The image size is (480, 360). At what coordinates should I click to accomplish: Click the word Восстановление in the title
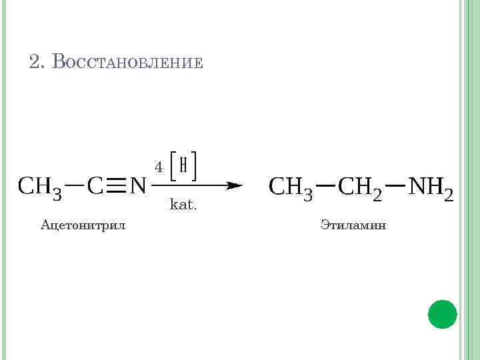click(127, 62)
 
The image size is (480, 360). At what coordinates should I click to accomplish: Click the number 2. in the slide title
click(37, 62)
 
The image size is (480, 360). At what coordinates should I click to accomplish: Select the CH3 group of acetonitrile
click(40, 186)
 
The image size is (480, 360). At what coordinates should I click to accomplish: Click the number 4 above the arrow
click(159, 166)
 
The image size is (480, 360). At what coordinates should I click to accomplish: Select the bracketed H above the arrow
click(183, 165)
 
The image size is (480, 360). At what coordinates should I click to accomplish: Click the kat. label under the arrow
click(183, 204)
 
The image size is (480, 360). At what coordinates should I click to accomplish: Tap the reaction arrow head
click(233, 185)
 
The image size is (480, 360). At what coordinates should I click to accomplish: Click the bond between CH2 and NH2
click(395, 183)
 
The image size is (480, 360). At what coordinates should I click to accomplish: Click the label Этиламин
click(353, 225)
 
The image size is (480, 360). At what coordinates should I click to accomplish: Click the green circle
click(442, 313)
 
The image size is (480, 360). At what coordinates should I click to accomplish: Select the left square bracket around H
click(172, 165)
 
